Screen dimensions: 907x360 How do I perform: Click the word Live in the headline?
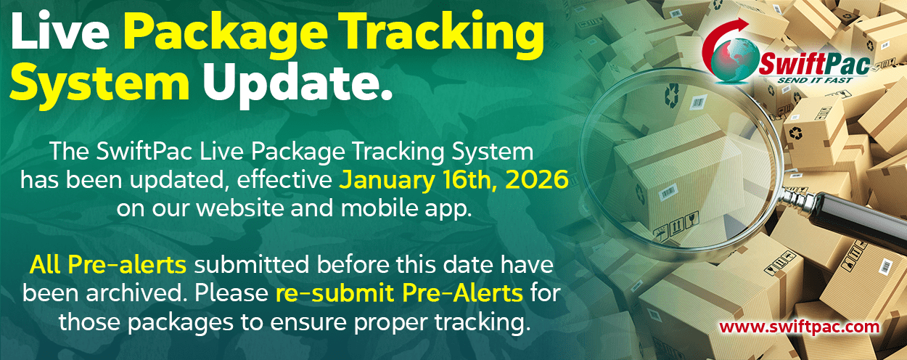point(60,32)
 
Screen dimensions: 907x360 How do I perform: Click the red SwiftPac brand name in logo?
point(815,65)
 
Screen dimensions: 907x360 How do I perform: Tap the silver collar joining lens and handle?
point(797,197)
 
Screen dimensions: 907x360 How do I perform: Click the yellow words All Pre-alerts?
point(107,265)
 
